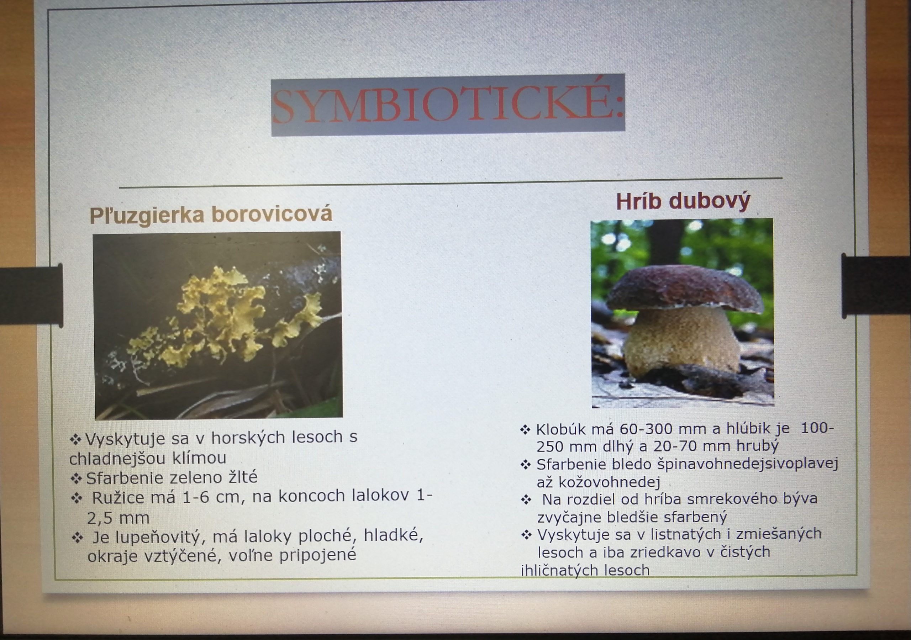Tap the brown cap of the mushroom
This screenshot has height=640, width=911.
click(684, 289)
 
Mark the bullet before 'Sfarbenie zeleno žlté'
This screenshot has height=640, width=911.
click(76, 478)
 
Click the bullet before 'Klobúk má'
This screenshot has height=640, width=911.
click(525, 430)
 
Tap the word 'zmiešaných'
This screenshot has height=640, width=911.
click(779, 534)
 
